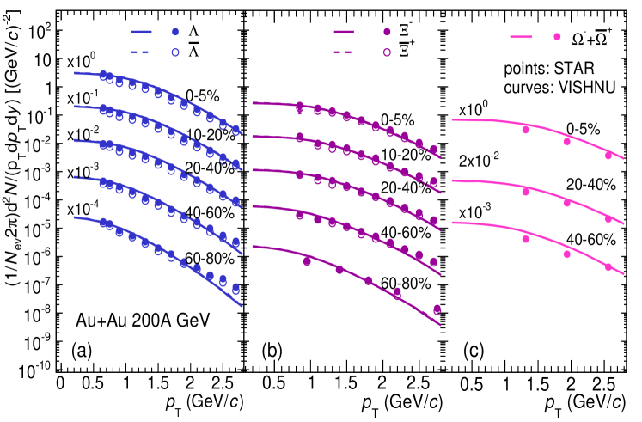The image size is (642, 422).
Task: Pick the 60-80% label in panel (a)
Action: coord(207,258)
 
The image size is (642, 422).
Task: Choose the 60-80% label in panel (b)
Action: coord(404,281)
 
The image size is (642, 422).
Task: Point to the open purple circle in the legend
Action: coord(386,51)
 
